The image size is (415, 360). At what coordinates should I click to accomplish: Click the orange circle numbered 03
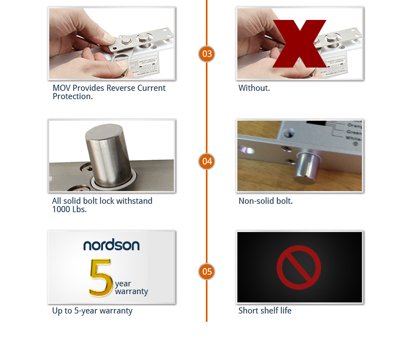coord(206,54)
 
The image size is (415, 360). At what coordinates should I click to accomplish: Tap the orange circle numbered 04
coord(206,161)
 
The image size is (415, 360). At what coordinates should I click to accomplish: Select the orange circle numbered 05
coord(206,271)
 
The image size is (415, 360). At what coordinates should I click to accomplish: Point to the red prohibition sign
coord(299,268)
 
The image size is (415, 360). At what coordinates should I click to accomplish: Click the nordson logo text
coord(111,245)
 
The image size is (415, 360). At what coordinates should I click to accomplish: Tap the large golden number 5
coord(100,277)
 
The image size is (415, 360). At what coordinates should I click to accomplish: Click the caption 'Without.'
coord(254,88)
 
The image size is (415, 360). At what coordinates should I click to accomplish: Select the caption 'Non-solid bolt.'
coord(265,201)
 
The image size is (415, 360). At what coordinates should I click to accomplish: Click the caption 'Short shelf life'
coord(264,311)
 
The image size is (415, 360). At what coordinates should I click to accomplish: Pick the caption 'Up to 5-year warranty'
coord(92,311)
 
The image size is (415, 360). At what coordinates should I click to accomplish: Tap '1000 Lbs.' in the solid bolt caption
coord(69,209)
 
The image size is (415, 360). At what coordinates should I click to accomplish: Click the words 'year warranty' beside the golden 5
coord(131,287)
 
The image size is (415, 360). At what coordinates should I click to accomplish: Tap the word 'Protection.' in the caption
coord(72,96)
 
